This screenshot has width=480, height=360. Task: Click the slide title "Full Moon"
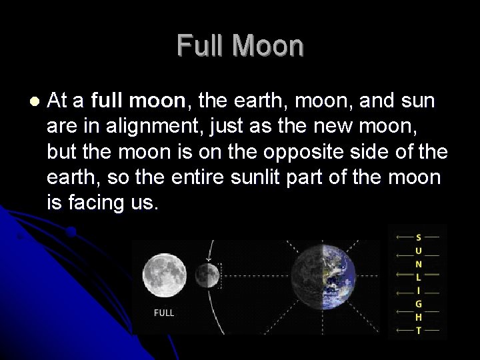(x=240, y=46)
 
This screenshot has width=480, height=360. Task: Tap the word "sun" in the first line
(x=417, y=101)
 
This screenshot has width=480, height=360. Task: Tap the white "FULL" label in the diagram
(x=164, y=313)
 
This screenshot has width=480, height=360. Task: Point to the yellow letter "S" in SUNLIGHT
(x=418, y=237)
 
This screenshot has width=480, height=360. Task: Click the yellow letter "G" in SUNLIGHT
(x=418, y=304)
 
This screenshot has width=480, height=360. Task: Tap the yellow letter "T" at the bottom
(x=418, y=331)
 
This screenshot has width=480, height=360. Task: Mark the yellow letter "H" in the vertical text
(x=418, y=317)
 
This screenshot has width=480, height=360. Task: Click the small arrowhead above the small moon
(x=209, y=258)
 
